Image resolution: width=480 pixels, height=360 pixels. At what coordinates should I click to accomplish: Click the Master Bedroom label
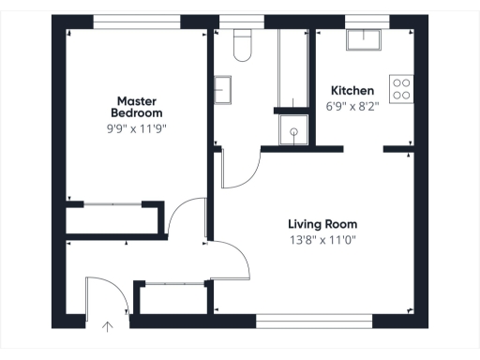click(137, 107)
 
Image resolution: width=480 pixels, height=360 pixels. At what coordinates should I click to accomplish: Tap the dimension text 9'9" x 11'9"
click(138, 127)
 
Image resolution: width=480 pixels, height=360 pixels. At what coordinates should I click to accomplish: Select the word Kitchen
click(352, 91)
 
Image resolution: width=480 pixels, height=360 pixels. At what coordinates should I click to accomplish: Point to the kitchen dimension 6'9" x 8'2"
click(352, 106)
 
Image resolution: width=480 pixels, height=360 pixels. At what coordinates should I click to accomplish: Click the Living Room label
click(322, 224)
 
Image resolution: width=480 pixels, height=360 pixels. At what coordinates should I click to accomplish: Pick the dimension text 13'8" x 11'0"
click(322, 239)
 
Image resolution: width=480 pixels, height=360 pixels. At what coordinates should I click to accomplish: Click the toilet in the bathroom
click(243, 46)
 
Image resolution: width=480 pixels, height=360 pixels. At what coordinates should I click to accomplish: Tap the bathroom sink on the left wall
click(223, 91)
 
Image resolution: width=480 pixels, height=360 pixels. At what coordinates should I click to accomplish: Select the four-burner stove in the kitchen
click(402, 89)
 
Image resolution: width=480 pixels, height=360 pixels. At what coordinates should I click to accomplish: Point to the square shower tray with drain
click(296, 133)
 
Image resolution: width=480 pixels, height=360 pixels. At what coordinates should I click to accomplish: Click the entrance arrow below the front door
click(107, 327)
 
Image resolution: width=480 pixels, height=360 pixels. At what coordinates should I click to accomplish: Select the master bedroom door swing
click(187, 217)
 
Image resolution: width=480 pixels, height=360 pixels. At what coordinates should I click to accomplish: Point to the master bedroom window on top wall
click(137, 20)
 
